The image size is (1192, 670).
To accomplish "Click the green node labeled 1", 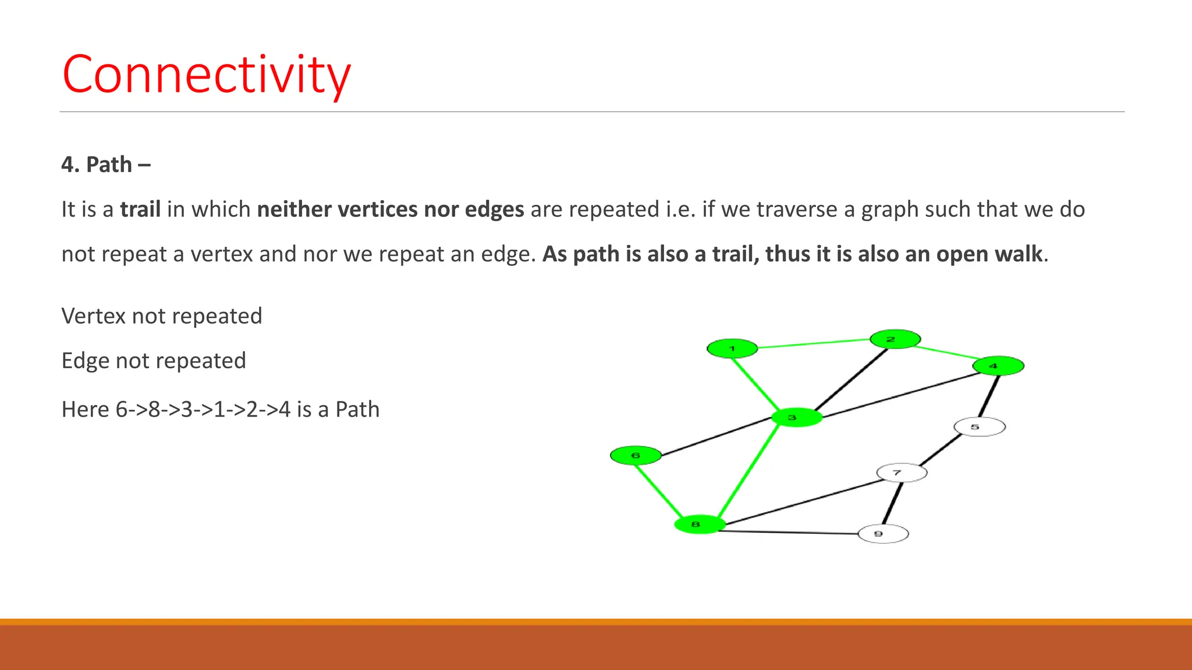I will tap(732, 348).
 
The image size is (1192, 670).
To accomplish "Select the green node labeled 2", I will tap(895, 339).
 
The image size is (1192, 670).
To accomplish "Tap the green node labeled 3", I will tap(796, 418).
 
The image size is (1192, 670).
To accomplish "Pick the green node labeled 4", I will tap(998, 366).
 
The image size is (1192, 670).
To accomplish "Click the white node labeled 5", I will tap(980, 427).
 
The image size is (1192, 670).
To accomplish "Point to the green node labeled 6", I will tap(636, 455).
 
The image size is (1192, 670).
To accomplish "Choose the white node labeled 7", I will tap(902, 472).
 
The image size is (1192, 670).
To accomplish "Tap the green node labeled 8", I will tap(700, 525).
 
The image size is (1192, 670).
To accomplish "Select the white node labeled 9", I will tap(883, 533).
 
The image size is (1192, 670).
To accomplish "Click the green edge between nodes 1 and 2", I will tap(814, 344).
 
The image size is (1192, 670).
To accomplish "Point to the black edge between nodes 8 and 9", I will tap(792, 532).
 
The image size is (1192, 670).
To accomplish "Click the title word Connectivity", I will tap(207, 74).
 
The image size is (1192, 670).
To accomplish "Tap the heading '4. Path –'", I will tap(106, 165).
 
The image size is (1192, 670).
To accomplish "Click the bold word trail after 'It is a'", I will tap(140, 209).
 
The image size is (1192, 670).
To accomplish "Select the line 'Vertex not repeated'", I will tap(162, 316).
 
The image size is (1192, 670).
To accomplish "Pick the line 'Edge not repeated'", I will tap(154, 361).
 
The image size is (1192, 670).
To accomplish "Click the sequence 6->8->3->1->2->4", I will tap(203, 409).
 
